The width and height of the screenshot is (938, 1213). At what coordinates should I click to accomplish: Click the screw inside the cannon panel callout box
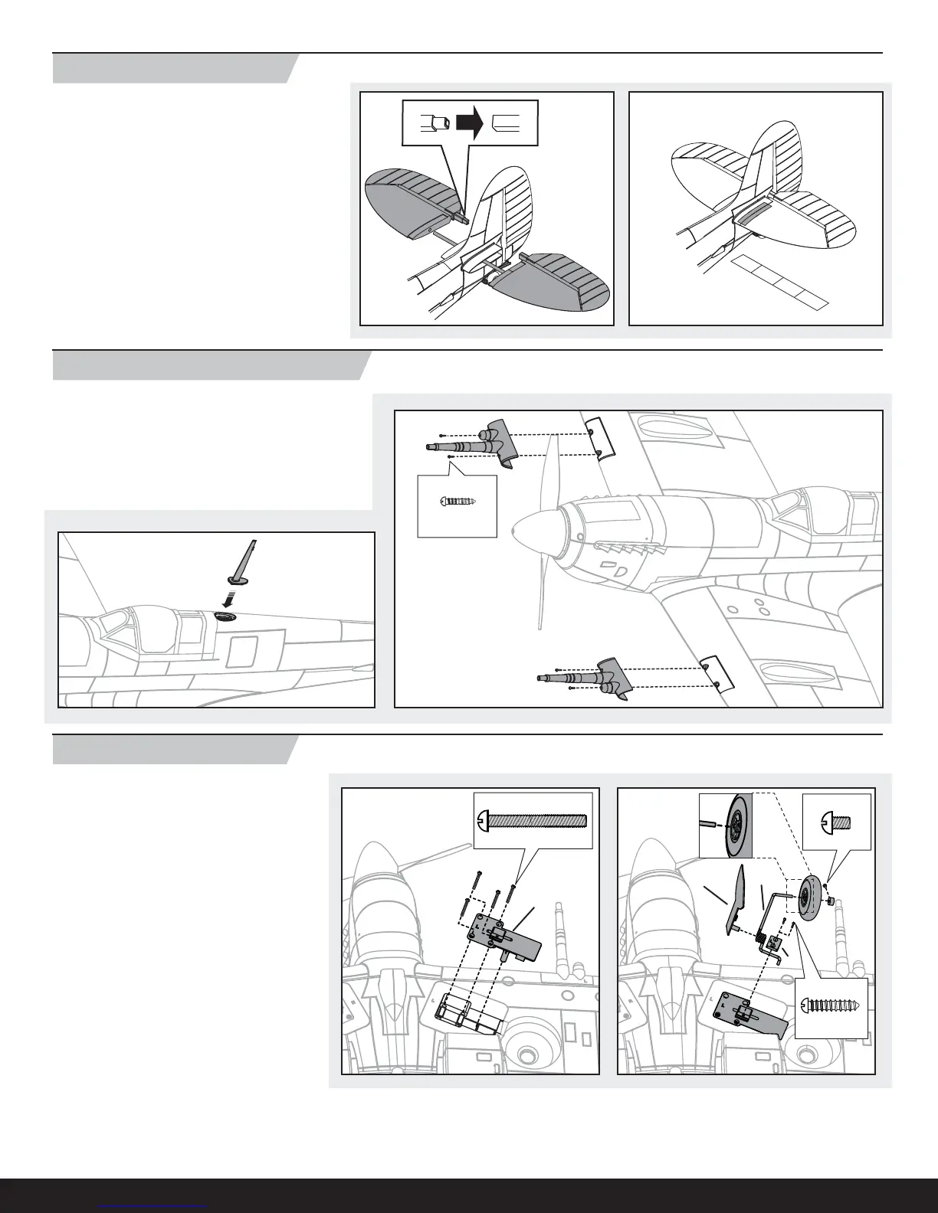(458, 502)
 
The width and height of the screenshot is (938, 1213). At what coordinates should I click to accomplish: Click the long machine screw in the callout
(533, 821)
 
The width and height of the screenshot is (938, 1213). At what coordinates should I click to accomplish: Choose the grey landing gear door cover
(734, 897)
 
